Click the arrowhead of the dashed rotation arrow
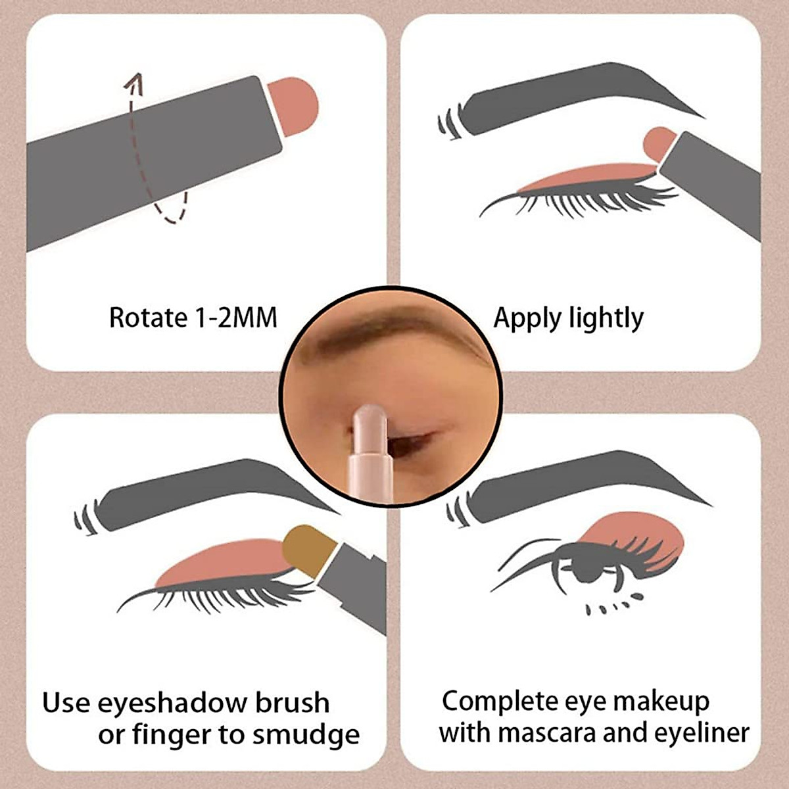(x=135, y=80)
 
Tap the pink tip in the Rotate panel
(x=296, y=105)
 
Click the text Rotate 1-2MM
(x=193, y=318)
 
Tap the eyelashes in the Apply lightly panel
(x=585, y=197)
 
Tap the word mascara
(x=546, y=732)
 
